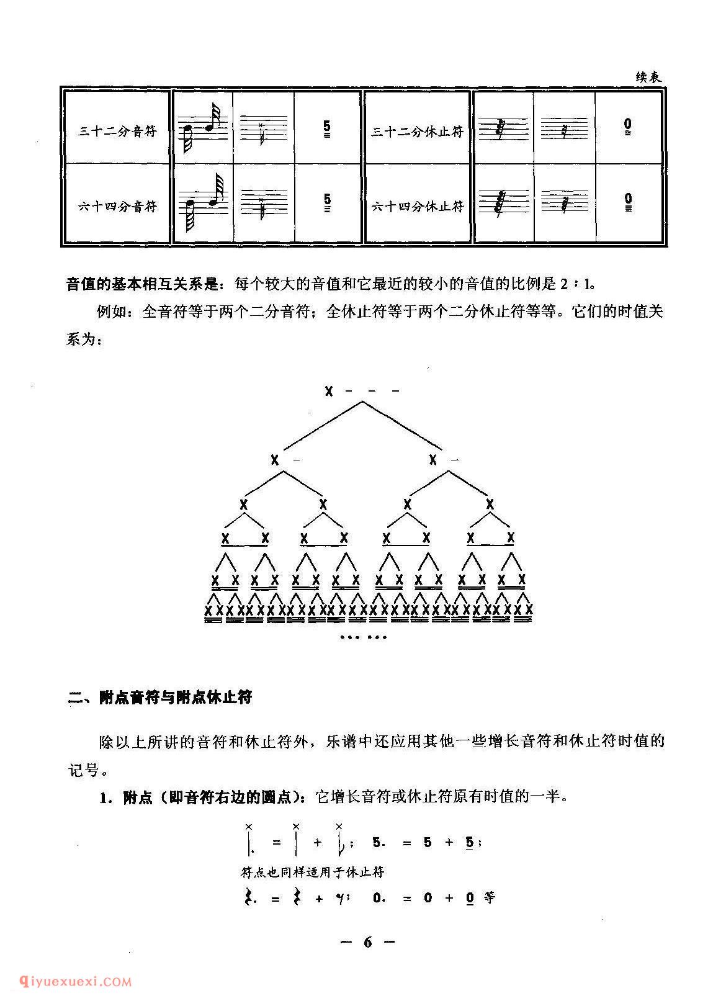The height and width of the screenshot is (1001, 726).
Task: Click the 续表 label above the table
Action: (648, 78)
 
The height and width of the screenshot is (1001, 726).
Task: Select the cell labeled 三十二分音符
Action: (117, 132)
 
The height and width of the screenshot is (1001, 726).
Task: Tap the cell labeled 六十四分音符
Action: (117, 207)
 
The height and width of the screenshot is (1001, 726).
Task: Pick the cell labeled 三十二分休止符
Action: (417, 132)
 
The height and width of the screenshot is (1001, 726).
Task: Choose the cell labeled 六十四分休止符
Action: (417, 207)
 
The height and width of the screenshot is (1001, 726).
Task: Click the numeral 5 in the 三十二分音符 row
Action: (327, 127)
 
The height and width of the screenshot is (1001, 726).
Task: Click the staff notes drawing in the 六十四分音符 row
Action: (204, 202)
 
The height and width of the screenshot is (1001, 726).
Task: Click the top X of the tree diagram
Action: (329, 392)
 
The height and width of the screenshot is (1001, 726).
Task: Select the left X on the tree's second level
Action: (274, 460)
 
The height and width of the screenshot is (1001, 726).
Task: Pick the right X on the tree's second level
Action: (432, 460)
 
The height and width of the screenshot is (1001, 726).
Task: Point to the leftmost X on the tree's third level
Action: (243, 505)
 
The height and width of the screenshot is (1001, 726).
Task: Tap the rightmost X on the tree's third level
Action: (490, 505)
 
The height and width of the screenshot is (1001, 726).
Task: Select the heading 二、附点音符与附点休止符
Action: (159, 697)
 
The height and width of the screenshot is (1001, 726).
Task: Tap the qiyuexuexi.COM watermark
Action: (75, 981)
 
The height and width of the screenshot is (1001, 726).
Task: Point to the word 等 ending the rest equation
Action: (489, 897)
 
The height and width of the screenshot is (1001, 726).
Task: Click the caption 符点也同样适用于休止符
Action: (312, 871)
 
